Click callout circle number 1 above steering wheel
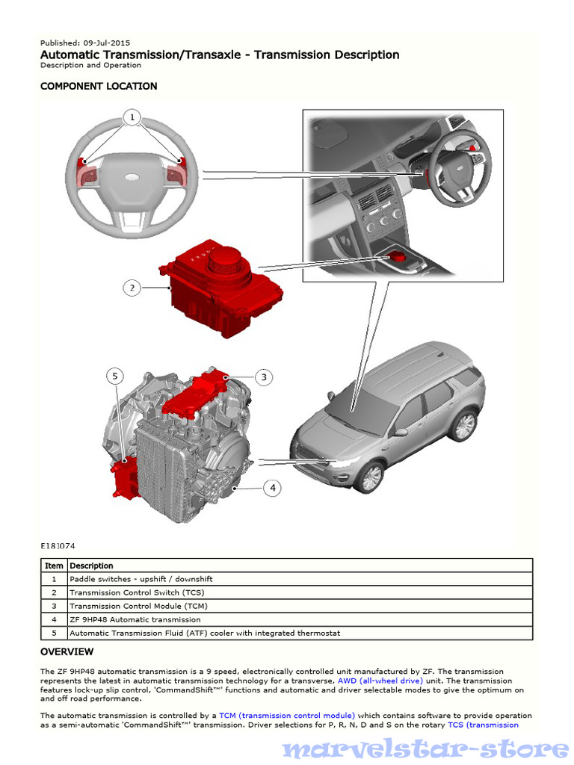[132, 118]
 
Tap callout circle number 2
[132, 288]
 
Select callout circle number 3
[263, 377]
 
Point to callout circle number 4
[273, 488]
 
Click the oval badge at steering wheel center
[132, 176]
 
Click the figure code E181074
[58, 546]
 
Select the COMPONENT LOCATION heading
[99, 86]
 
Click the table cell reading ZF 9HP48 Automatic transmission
[135, 619]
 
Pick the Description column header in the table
[91, 566]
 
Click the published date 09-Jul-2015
[106, 43]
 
